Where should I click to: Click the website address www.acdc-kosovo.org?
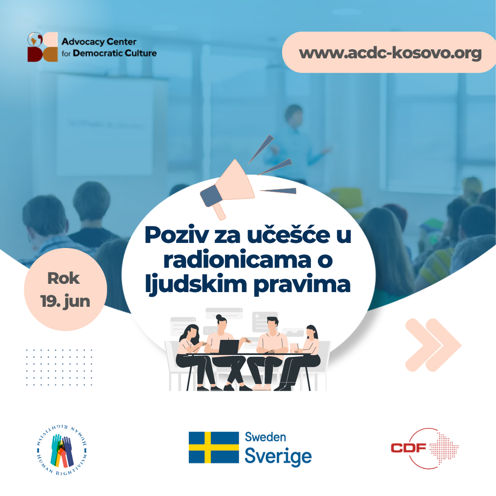(390, 53)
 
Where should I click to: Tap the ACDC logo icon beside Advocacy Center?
(42, 47)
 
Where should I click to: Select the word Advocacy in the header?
(82, 42)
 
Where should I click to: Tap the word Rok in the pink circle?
(63, 278)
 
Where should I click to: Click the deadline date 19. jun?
(65, 301)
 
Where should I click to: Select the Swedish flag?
(214, 447)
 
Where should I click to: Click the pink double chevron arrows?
(432, 344)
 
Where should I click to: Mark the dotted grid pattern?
(59, 367)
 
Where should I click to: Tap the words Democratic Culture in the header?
(114, 53)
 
